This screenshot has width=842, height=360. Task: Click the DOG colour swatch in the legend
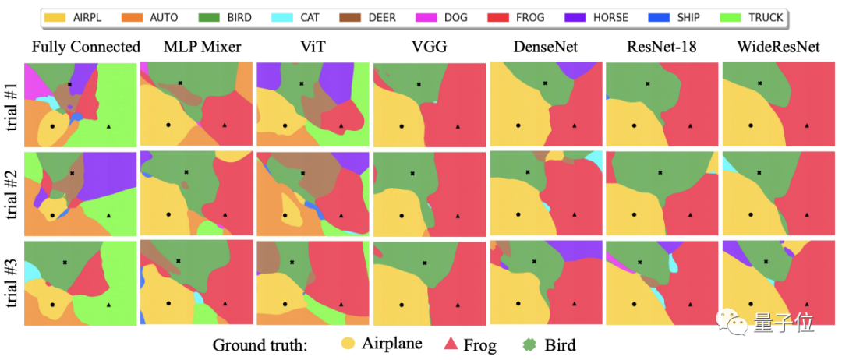point(416,16)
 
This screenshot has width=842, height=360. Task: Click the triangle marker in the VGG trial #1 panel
point(458,125)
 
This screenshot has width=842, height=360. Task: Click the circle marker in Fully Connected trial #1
point(52,125)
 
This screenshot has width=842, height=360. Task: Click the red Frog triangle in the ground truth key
point(450,344)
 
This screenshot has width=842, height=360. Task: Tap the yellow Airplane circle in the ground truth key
point(348,344)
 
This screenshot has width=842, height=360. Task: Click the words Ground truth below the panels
point(267,344)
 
